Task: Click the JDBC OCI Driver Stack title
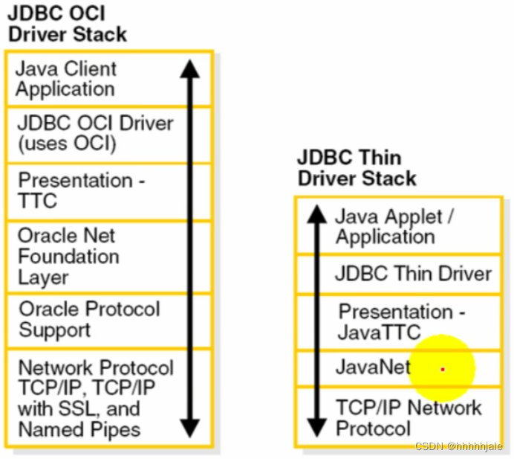click(67, 24)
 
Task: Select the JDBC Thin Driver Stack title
click(357, 168)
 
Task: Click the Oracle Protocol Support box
click(89, 320)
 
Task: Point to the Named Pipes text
click(79, 429)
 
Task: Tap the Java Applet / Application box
click(394, 227)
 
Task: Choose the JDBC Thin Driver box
click(413, 274)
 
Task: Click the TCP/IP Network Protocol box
click(409, 417)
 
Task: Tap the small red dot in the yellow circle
click(443, 369)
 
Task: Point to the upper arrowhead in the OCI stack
click(190, 69)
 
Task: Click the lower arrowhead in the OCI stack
click(190, 428)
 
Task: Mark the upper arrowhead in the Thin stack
click(317, 215)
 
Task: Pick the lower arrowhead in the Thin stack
click(317, 428)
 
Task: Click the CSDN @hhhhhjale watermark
click(458, 446)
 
